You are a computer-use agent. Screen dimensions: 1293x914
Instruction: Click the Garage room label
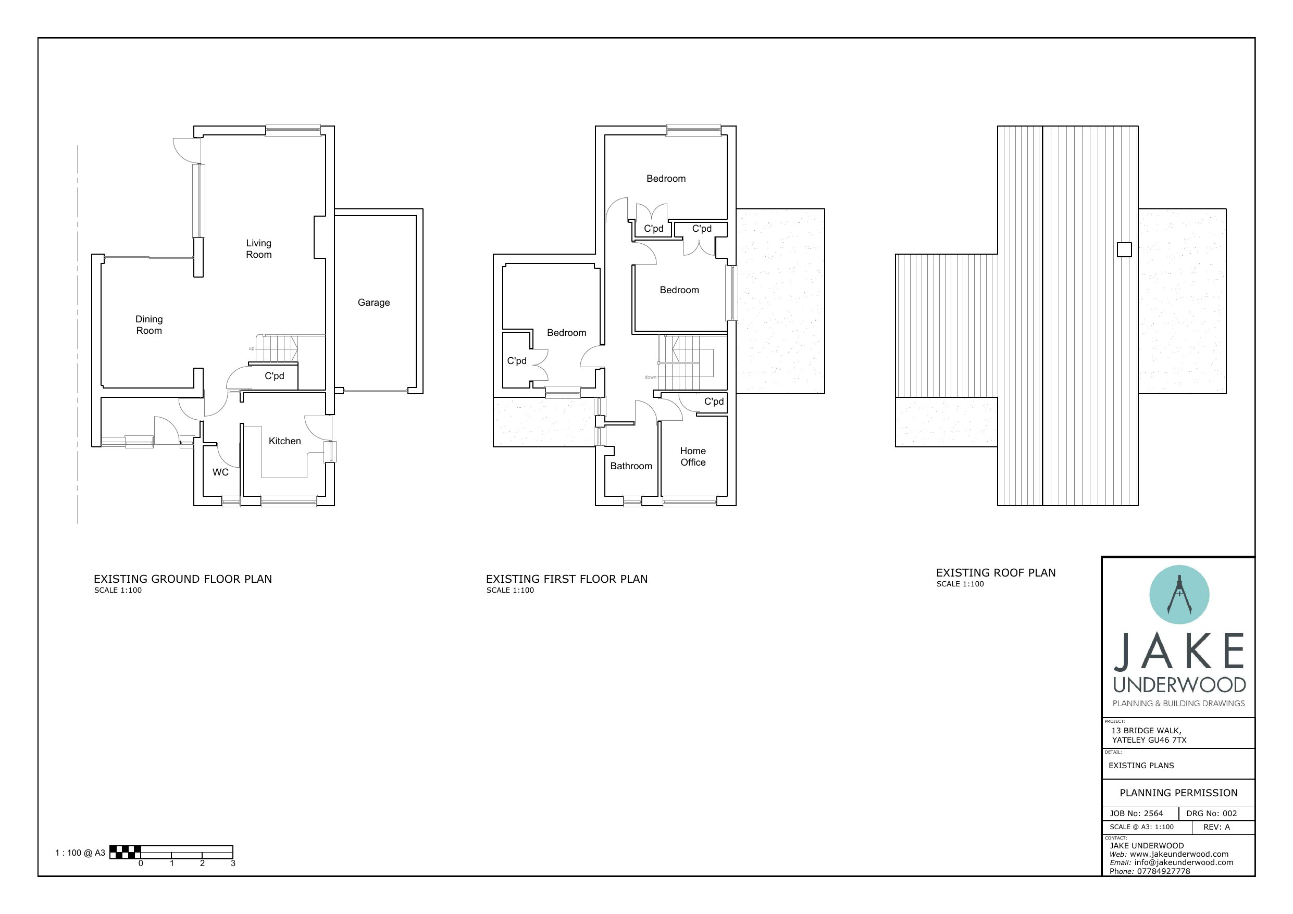tap(374, 303)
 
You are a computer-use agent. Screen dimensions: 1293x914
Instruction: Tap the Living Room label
tap(258, 249)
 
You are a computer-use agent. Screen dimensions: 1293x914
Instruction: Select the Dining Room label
tap(148, 325)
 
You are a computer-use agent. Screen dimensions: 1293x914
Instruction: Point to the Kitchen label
tap(284, 441)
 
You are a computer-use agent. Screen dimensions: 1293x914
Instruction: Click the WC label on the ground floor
tap(220, 472)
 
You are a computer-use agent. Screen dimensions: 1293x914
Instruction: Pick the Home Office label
tap(693, 457)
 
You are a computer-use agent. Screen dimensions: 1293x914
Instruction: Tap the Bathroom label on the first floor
tap(631, 466)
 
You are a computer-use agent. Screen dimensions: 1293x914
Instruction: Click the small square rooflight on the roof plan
tap(1124, 249)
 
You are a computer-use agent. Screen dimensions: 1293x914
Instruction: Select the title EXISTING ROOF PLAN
tap(996, 573)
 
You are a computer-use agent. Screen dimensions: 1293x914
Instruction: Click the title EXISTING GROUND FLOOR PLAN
tap(182, 579)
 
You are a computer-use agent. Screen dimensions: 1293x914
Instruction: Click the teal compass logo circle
tap(1179, 595)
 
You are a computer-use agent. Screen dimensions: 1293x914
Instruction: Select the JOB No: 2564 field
tap(1136, 813)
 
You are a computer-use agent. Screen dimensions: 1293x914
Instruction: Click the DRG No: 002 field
tap(1211, 813)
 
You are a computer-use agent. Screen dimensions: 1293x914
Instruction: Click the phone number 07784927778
tap(1163, 871)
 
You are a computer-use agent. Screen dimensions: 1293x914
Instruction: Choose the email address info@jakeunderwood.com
tap(1184, 862)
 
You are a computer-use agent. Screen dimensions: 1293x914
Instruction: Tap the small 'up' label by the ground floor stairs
tap(252, 348)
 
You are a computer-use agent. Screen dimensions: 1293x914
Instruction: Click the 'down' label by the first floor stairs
tap(651, 377)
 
